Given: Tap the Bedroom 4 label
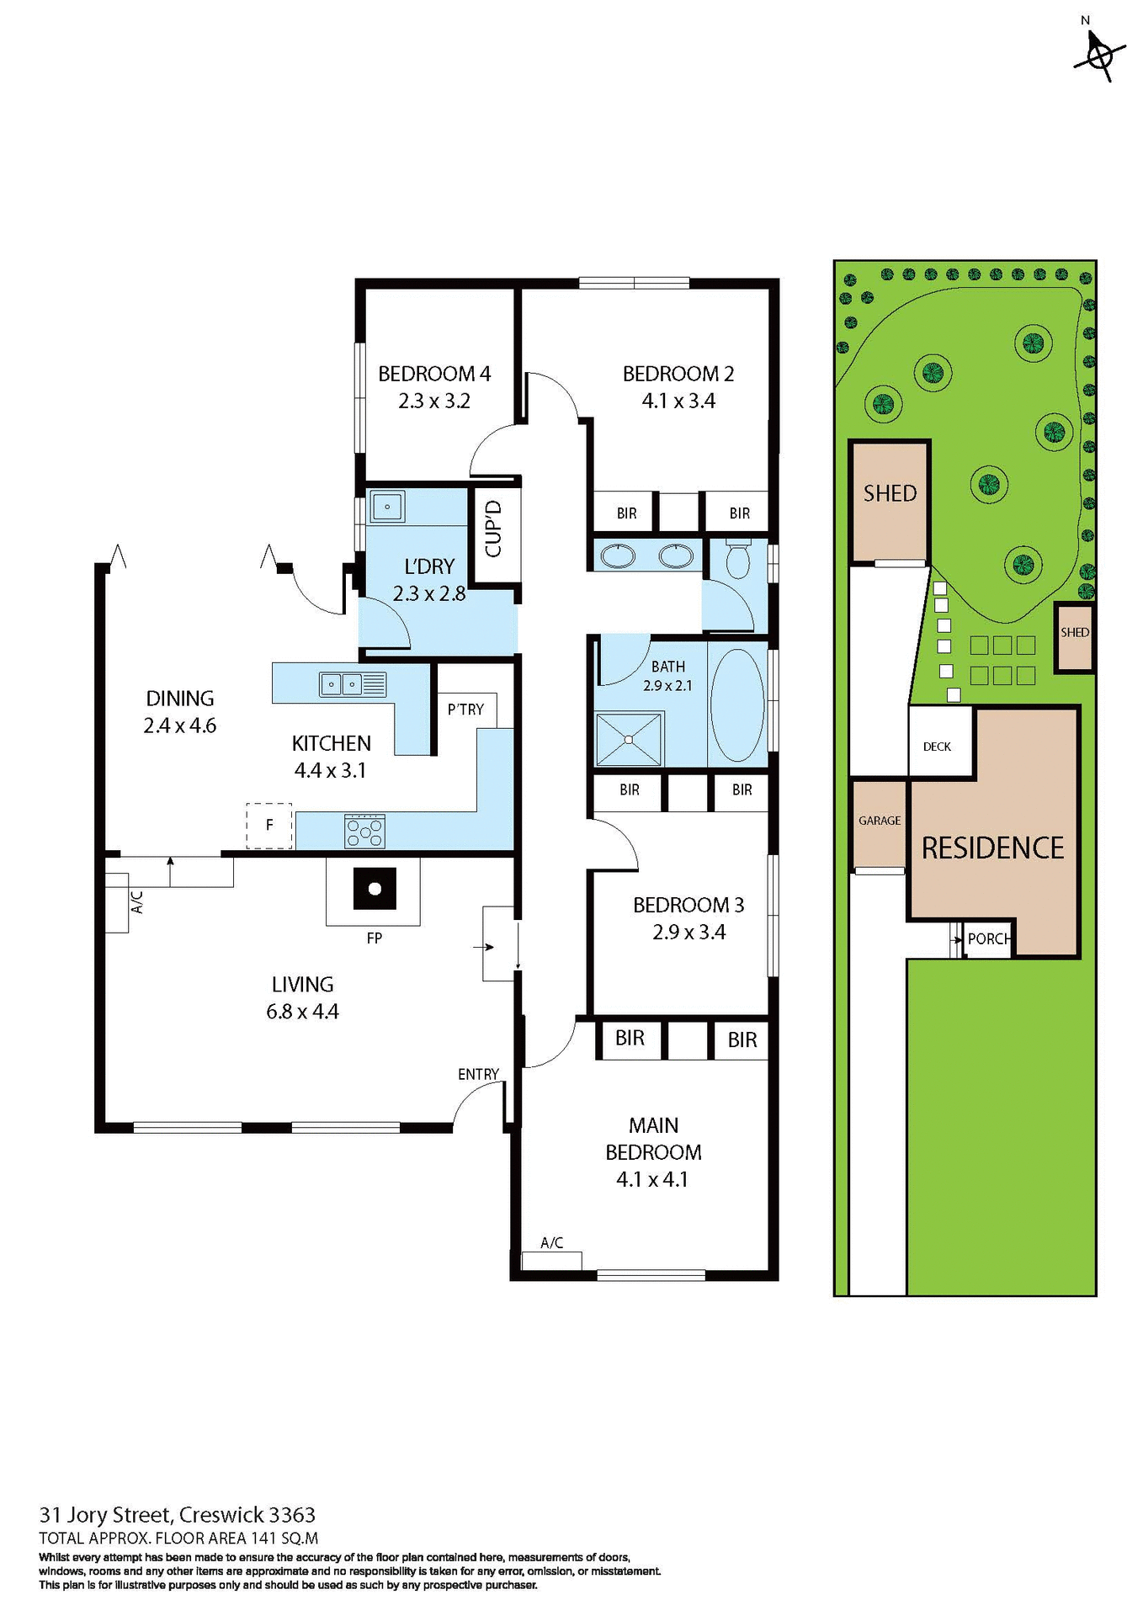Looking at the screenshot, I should (433, 374).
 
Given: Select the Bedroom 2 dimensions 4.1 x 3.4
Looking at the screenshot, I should (678, 401).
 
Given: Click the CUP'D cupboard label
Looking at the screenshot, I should (494, 529).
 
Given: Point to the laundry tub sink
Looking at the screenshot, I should (387, 507).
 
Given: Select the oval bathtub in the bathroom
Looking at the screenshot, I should (736, 705).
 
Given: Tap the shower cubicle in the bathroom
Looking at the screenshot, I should (629, 739).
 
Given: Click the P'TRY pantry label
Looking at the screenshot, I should (465, 710).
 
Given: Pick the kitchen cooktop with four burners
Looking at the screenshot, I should (364, 831).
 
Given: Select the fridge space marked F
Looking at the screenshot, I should (269, 825).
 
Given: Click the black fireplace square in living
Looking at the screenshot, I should (375, 889).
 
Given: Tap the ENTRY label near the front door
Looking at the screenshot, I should (478, 1074).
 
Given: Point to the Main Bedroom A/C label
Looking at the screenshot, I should (551, 1243).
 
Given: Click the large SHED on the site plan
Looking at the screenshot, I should (890, 494).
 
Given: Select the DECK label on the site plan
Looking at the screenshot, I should (937, 747).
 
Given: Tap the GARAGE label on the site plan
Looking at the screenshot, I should (880, 821).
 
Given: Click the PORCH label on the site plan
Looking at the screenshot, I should (988, 938).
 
